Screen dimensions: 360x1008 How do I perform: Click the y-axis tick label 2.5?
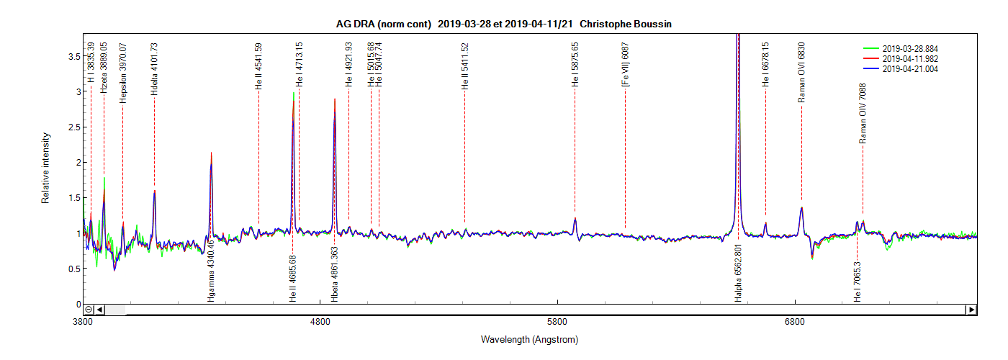click(x=70, y=127)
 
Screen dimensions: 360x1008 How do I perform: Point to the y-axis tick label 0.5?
click(x=70, y=269)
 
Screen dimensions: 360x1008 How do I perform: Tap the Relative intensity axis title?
click(x=46, y=168)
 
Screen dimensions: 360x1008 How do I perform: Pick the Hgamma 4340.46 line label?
click(x=211, y=276)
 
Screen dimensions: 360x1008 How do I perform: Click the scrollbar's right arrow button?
click(x=971, y=310)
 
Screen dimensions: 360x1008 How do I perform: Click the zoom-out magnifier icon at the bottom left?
click(x=89, y=310)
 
